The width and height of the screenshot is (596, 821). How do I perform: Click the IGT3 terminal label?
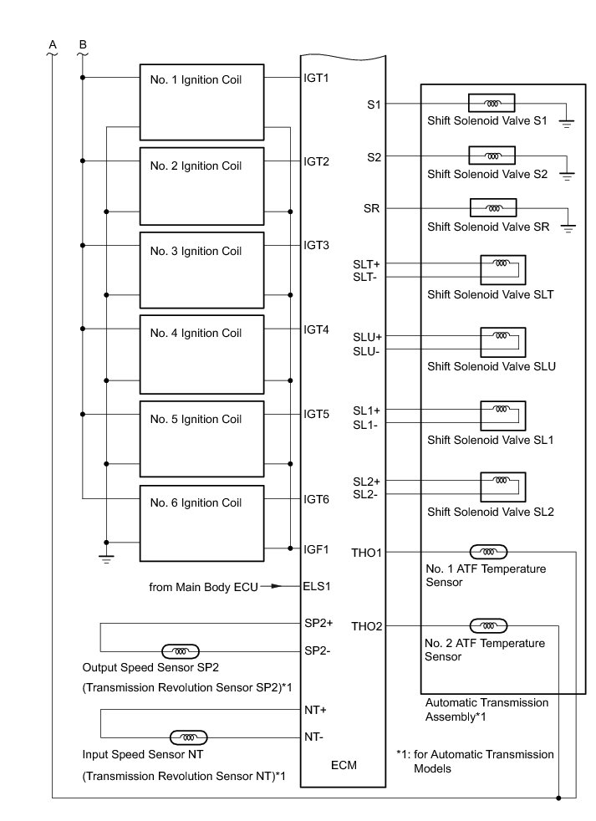pyautogui.click(x=316, y=246)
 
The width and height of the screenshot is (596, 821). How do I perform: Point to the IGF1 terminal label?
pyautogui.click(x=316, y=549)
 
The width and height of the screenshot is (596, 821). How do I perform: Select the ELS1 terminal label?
pyautogui.click(x=317, y=586)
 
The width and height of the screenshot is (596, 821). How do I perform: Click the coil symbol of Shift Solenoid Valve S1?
pyautogui.click(x=492, y=105)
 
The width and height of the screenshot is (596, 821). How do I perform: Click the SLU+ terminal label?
pyautogui.click(x=367, y=337)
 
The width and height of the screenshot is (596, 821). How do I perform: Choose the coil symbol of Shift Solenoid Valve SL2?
pyautogui.click(x=502, y=481)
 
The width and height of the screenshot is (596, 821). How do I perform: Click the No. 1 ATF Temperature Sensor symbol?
pyautogui.click(x=487, y=552)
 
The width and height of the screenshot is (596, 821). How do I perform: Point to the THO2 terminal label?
pyautogui.click(x=367, y=626)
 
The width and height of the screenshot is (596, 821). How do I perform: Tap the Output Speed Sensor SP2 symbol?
pyautogui.click(x=180, y=650)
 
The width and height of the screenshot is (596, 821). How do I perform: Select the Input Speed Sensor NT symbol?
pyautogui.click(x=188, y=737)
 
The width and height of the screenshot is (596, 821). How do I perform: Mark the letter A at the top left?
pyautogui.click(x=52, y=43)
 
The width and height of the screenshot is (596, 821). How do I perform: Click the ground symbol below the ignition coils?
pyautogui.click(x=106, y=559)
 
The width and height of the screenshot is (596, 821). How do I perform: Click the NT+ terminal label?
pyautogui.click(x=316, y=710)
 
